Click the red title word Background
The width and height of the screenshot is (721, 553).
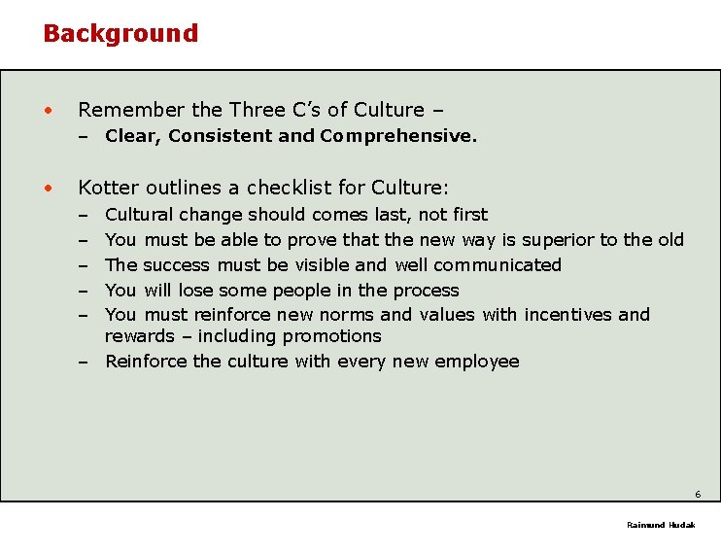pos(120,33)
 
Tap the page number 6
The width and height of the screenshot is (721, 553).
pos(698,494)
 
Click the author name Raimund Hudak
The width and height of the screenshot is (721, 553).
pos(661,525)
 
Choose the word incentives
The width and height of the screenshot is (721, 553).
pos(568,315)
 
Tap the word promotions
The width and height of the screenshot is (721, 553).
pos(331,336)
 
